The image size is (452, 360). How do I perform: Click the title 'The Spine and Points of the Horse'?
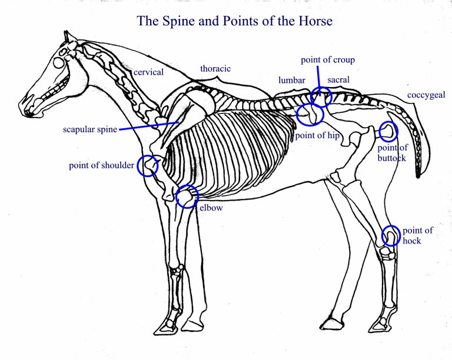[235, 22]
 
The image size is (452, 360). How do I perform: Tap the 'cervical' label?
[148, 72]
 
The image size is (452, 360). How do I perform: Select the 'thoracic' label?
[215, 68]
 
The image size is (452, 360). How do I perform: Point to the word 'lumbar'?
[292, 80]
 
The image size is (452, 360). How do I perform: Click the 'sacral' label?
[338, 79]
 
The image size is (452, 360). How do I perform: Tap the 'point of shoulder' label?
[101, 165]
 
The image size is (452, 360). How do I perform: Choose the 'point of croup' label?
[328, 60]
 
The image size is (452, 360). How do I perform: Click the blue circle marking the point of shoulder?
[148, 166]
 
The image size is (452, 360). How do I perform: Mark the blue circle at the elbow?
[187, 196]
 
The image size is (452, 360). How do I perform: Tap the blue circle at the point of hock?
[391, 235]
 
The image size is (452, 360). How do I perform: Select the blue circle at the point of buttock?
[388, 131]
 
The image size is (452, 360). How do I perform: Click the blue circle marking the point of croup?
[321, 95]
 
